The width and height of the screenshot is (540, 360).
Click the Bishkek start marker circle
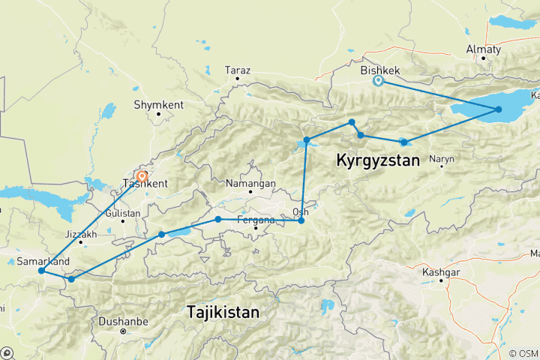pos(378,81)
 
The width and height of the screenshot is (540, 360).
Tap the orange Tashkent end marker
pos(142,178)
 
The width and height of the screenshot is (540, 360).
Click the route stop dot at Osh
pos(301,220)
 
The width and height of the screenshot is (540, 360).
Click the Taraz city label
pos(237,70)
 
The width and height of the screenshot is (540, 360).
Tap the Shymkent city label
pos(158,105)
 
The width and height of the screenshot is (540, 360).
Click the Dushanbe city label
pos(122,322)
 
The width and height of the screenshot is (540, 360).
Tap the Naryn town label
pos(442,158)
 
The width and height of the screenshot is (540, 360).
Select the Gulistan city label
pos(124,213)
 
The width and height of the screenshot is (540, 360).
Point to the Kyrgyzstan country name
pos(376,160)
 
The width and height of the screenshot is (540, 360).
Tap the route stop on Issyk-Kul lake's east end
pos(499,109)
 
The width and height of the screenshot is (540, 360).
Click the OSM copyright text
pos(522,353)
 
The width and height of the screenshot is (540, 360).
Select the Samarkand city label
pos(43,261)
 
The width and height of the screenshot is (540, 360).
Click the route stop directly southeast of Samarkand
pos(71,279)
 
